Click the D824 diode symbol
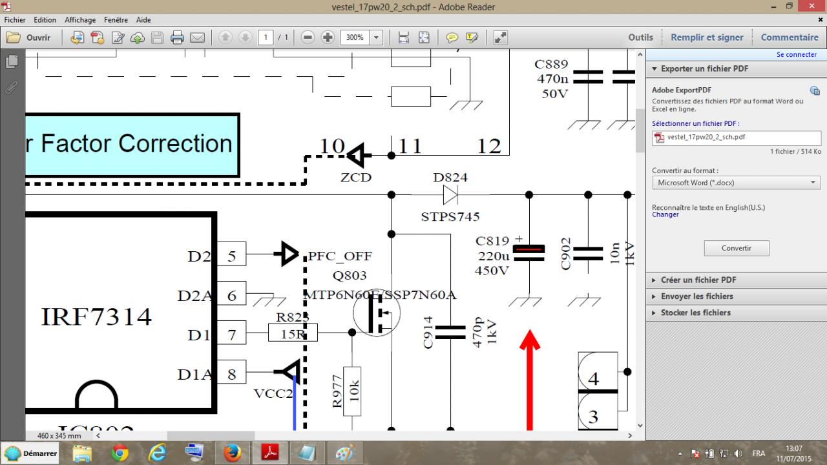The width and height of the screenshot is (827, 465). click(450, 194)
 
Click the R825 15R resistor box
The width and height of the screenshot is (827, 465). click(293, 333)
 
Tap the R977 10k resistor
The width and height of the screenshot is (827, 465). click(352, 391)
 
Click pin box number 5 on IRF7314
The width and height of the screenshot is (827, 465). click(231, 256)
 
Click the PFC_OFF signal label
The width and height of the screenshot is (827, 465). click(340, 256)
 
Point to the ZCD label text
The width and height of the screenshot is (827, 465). click(356, 178)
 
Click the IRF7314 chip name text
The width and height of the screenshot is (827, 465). click(96, 317)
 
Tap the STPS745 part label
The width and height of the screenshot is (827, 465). click(450, 217)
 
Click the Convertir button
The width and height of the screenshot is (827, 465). click(737, 248)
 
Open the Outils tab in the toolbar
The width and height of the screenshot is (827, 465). click(640, 37)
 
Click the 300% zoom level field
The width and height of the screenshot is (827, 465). click(355, 37)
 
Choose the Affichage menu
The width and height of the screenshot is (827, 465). click(80, 20)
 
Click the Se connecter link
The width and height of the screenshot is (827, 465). click(796, 55)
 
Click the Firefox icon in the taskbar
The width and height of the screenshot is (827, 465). click(232, 453)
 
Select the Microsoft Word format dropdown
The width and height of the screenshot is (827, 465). click(737, 183)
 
